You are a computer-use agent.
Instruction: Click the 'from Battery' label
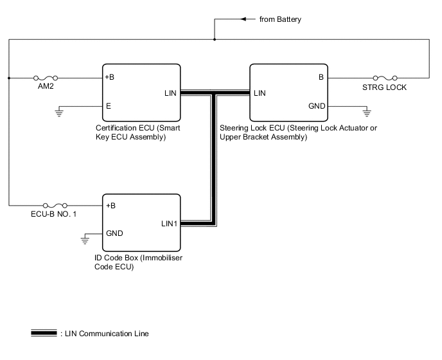tap(280, 20)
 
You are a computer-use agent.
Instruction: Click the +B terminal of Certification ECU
tap(110, 78)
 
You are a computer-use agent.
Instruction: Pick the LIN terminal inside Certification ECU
tap(171, 93)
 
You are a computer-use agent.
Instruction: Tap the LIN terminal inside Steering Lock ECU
tap(260, 93)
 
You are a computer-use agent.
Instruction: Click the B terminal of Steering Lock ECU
tap(320, 78)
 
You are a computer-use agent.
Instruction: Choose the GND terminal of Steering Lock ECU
tap(317, 106)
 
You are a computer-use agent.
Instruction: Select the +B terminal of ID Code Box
tap(110, 206)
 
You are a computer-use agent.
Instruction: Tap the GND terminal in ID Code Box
tap(114, 233)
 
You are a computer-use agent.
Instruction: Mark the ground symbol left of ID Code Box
tap(84, 241)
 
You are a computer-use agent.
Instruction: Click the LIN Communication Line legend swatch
tap(44, 334)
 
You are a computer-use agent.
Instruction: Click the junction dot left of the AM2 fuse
tap(9, 78)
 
